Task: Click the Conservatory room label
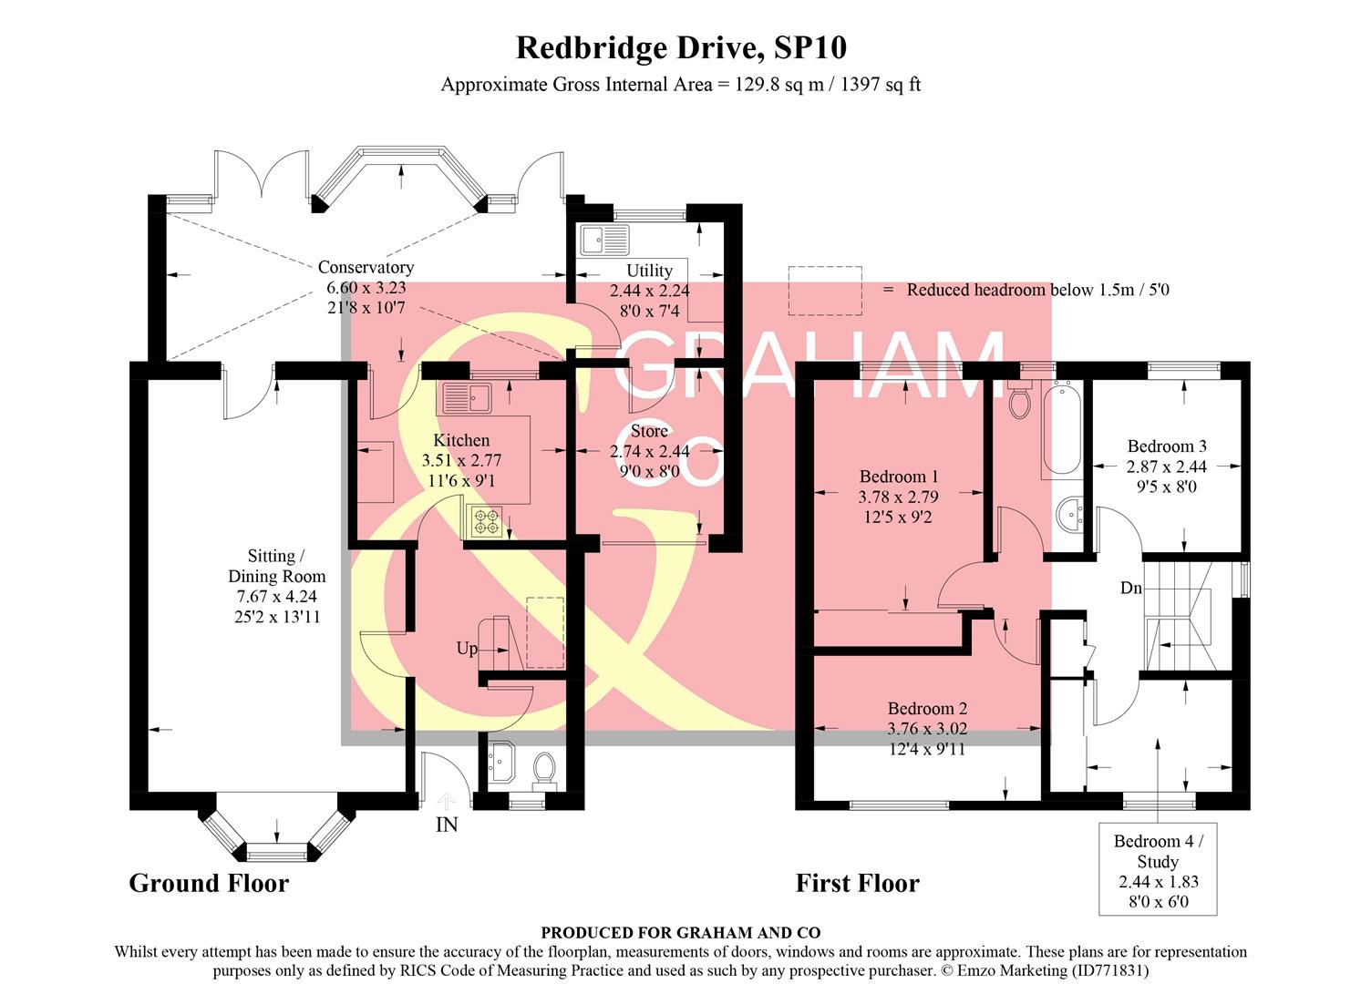click(x=366, y=268)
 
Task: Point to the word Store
click(x=649, y=431)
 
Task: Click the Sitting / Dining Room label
click(x=276, y=566)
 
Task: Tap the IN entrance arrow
click(x=447, y=802)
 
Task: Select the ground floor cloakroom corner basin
click(x=501, y=762)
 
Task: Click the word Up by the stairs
click(x=467, y=649)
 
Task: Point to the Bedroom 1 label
click(x=898, y=477)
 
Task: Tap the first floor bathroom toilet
click(x=1019, y=399)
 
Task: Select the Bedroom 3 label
click(x=1167, y=446)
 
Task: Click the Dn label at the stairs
click(x=1130, y=589)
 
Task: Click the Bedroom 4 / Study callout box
click(x=1158, y=870)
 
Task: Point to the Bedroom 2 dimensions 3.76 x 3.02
click(x=927, y=729)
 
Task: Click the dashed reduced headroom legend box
click(x=825, y=290)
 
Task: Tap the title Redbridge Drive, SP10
click(x=681, y=47)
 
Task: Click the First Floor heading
click(x=857, y=883)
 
